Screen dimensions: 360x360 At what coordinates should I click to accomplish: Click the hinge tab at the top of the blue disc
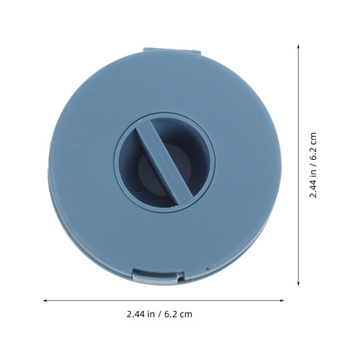tap(172, 50)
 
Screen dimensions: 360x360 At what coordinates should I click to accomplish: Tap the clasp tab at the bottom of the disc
tap(158, 276)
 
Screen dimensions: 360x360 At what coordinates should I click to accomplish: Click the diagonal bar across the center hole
tap(164, 163)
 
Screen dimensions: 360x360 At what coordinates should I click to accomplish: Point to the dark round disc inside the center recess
tap(166, 168)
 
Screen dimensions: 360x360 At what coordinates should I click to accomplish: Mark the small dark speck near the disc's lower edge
tap(208, 269)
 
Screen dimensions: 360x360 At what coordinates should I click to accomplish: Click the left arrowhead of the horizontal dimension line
tap(45, 300)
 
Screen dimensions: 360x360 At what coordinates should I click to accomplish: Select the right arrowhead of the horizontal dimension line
tap(282, 300)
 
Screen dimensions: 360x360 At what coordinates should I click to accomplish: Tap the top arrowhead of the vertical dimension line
tap(298, 46)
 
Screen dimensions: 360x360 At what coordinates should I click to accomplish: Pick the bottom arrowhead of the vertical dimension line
tap(298, 284)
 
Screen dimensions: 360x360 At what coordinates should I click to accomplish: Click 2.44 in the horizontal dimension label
tap(135, 314)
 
